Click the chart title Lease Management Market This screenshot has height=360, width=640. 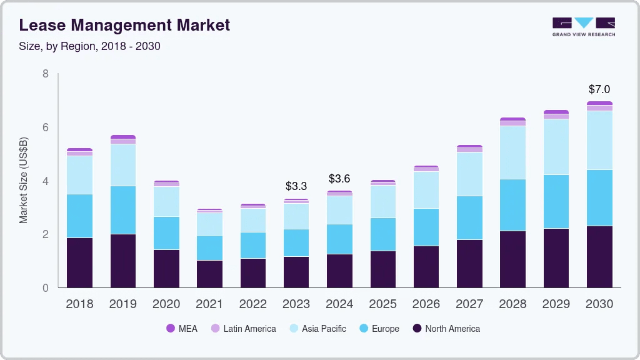[124, 25]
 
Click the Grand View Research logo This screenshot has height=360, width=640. [583, 26]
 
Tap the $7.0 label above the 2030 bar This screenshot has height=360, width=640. [599, 89]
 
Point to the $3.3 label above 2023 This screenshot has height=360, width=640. [296, 186]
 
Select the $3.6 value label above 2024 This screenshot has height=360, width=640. [339, 179]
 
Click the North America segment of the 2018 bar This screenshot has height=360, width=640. [80, 262]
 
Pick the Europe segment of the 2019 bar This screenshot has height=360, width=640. [123, 210]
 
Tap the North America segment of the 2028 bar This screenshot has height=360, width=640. [512, 259]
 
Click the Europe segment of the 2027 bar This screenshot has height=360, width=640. [469, 217]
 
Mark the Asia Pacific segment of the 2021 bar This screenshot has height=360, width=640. [209, 224]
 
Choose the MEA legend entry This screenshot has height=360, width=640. [182, 329]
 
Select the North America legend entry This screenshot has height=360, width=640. [446, 329]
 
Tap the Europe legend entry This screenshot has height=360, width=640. [378, 329]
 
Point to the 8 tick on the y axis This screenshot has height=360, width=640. [46, 74]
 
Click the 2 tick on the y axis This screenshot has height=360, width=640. [46, 234]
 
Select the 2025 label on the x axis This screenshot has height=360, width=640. [382, 304]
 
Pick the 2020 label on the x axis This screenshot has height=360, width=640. [166, 304]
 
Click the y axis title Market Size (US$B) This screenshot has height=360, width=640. [24, 180]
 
